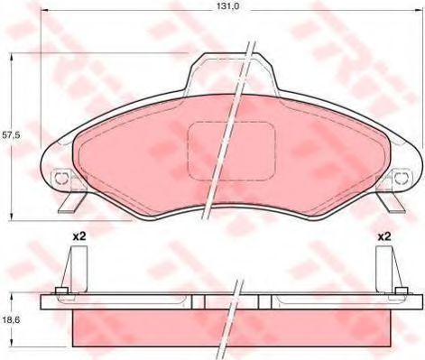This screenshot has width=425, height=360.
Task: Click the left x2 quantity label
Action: [x=79, y=236]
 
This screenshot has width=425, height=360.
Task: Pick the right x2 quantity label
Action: [x=383, y=236]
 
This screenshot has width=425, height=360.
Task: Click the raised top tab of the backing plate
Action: [x=232, y=72]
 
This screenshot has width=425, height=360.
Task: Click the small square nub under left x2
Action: [x=60, y=291]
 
